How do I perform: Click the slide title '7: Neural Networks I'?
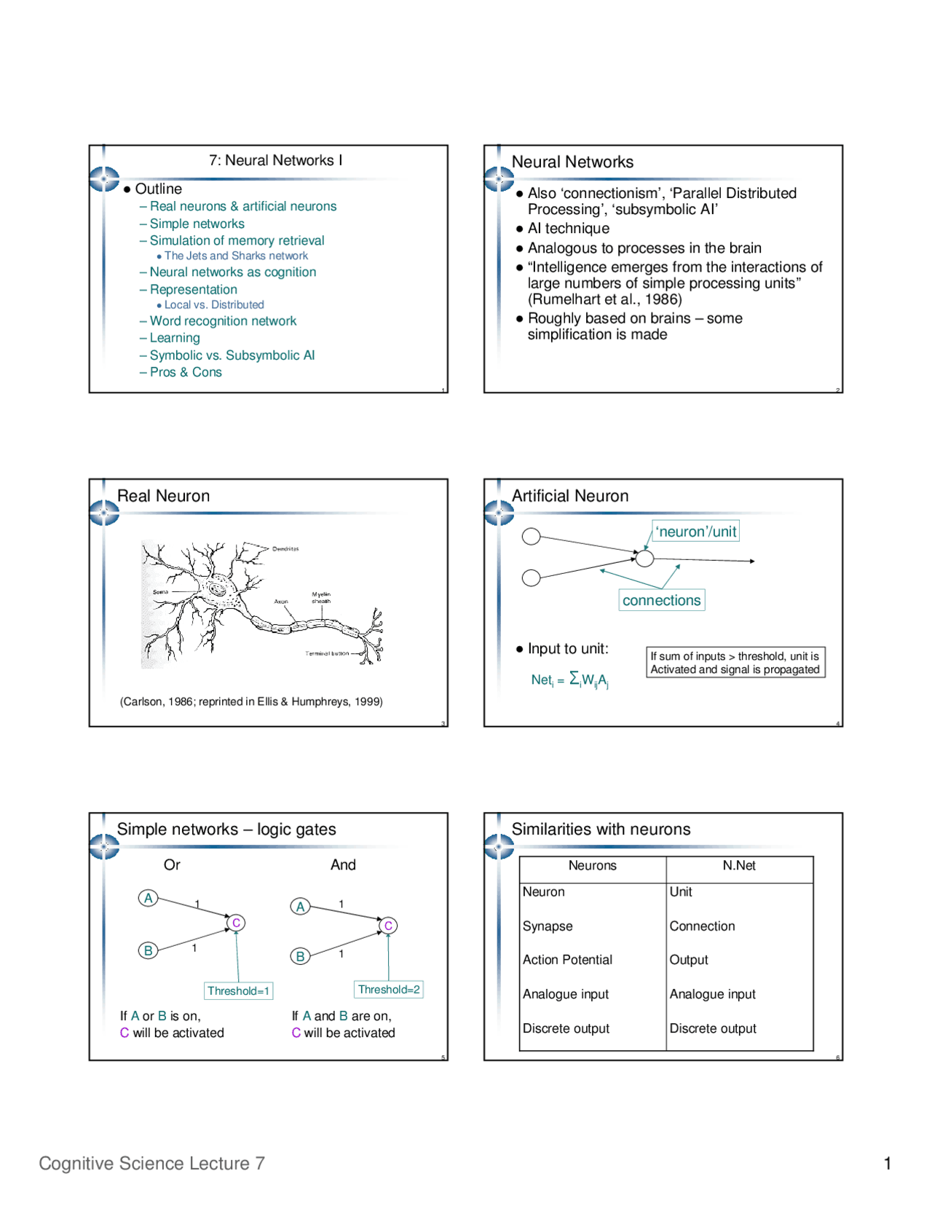tap(275, 160)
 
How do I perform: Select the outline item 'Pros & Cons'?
tap(186, 372)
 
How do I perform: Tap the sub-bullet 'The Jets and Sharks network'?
tap(236, 256)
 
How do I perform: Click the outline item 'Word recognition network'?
tap(223, 321)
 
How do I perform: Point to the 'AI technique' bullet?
tap(568, 229)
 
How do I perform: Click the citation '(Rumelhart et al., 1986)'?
tap(604, 299)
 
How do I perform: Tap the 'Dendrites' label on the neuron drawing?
tap(285, 549)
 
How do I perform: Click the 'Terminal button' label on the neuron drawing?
tap(327, 653)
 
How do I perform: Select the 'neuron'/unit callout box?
tap(695, 532)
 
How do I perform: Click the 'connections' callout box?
tap(661, 600)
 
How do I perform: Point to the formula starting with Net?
tap(569, 679)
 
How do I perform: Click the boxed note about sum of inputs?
tap(735, 663)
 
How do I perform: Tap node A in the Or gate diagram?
tap(149, 898)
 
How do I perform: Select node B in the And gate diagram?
tap(300, 956)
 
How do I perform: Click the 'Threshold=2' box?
tap(389, 989)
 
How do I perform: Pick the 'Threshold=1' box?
tap(238, 990)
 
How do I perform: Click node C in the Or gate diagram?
tap(236, 923)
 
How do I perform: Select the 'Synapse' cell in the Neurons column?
tap(548, 926)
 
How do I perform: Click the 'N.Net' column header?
tap(739, 865)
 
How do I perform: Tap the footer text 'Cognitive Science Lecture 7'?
tap(151, 1163)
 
